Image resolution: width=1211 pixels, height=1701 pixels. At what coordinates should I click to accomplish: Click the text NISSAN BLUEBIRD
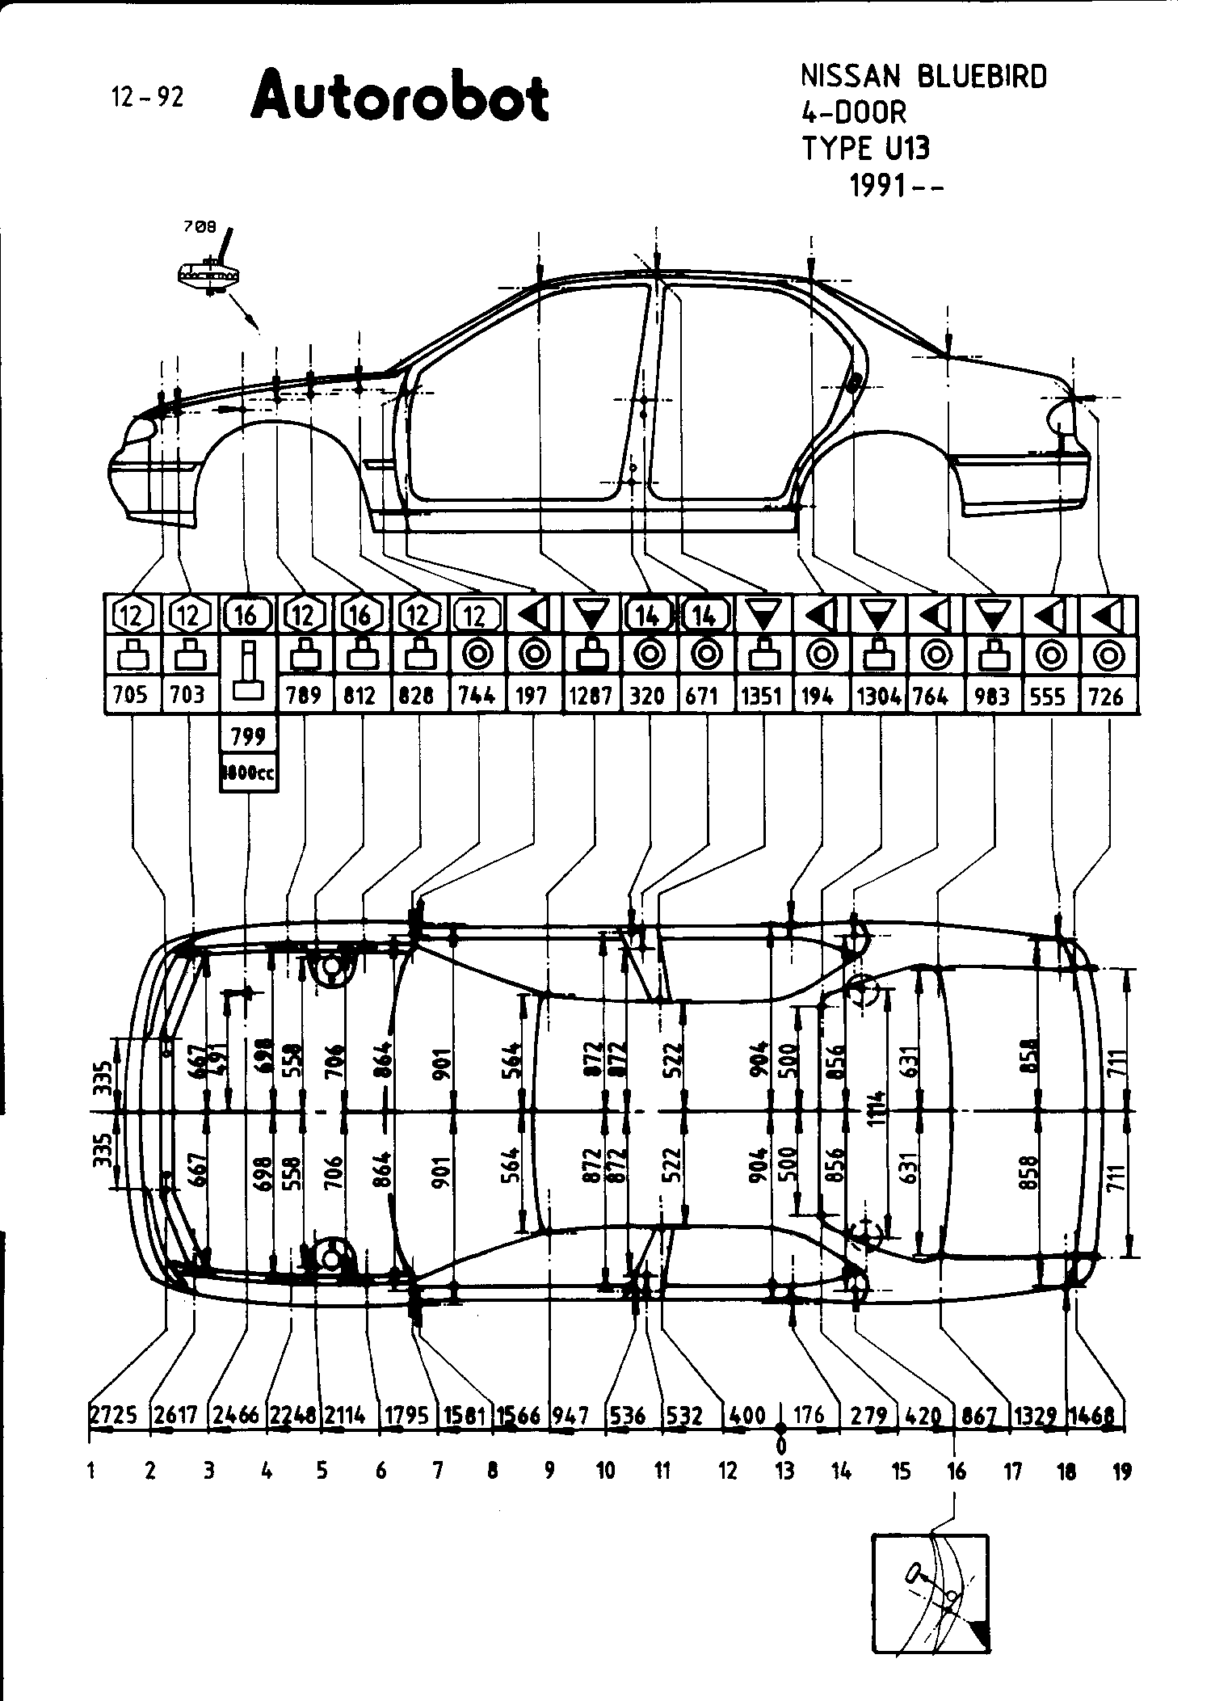[x=923, y=77]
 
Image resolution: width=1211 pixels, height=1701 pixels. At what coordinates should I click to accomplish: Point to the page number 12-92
[x=148, y=98]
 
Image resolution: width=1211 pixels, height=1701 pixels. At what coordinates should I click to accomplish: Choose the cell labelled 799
[x=248, y=736]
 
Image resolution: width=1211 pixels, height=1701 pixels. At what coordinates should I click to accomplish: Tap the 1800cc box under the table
[x=249, y=773]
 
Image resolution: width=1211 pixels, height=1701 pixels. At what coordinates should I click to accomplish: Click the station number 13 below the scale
[x=784, y=1471]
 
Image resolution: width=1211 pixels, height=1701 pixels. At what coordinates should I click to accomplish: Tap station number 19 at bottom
[x=1122, y=1471]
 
